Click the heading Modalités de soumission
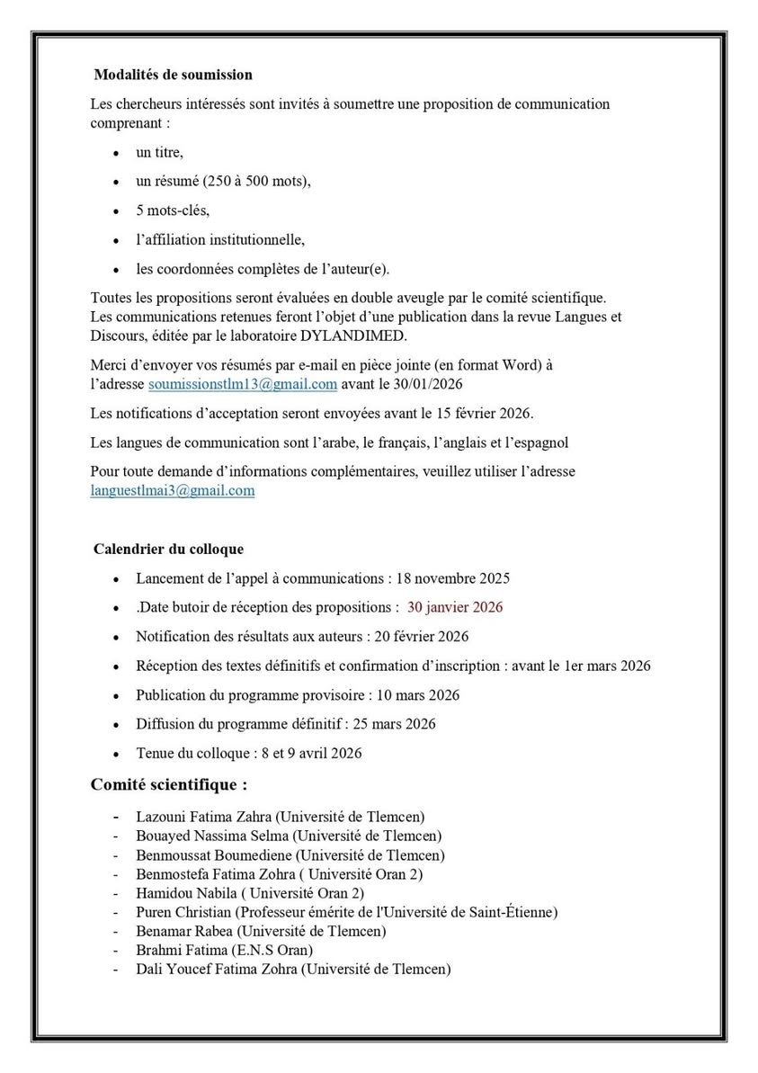tap(173, 75)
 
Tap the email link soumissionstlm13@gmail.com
tap(243, 384)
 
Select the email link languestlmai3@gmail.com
tap(173, 491)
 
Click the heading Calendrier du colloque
tap(168, 549)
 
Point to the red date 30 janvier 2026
tap(455, 607)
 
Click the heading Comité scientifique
tap(169, 784)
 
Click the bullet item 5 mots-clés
tap(173, 210)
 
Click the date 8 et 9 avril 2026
tap(308, 753)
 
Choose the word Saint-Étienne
tap(511, 912)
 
